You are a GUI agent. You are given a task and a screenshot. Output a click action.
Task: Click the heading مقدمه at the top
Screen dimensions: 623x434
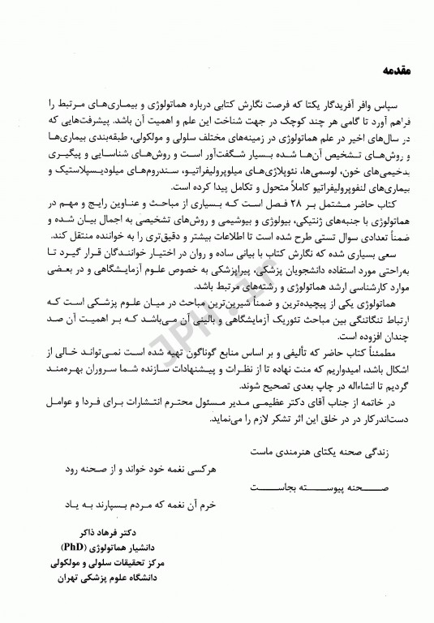398,71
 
